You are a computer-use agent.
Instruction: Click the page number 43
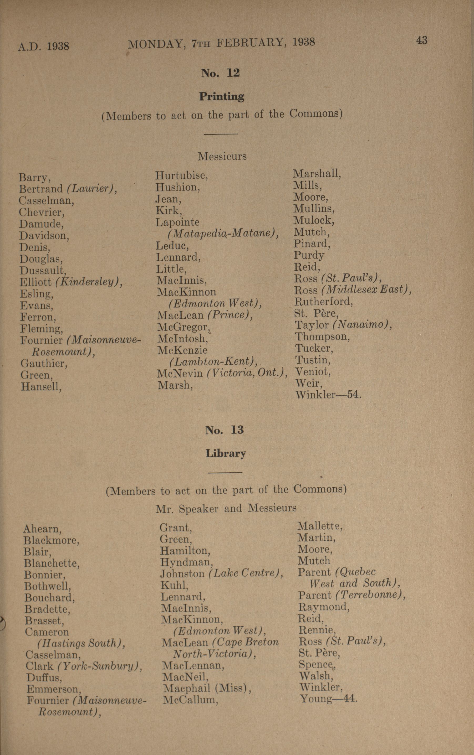(x=421, y=40)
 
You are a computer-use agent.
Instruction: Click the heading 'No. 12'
(x=220, y=73)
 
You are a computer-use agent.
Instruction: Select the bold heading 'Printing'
(x=222, y=96)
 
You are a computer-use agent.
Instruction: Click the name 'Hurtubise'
(x=181, y=176)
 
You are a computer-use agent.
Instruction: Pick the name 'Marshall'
(x=316, y=173)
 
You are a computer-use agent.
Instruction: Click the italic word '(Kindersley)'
(x=88, y=282)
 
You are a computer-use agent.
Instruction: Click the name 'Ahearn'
(x=42, y=529)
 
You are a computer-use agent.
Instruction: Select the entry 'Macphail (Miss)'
(x=207, y=688)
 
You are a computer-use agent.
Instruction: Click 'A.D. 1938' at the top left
(x=44, y=46)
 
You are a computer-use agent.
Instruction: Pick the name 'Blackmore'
(x=51, y=540)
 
